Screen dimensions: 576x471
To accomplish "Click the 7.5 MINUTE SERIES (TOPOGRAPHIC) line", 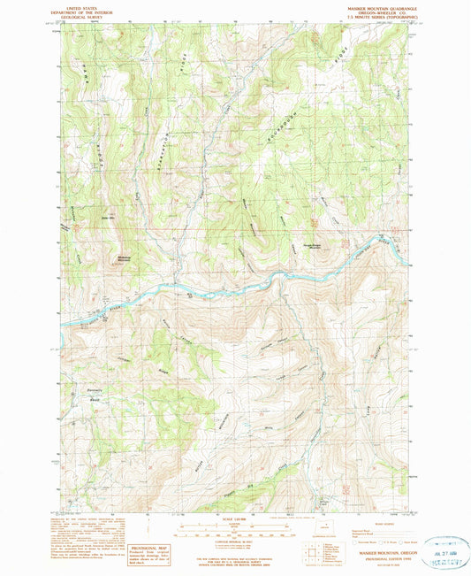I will [x=380, y=19].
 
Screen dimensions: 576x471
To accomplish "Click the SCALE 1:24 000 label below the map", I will [x=234, y=518].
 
